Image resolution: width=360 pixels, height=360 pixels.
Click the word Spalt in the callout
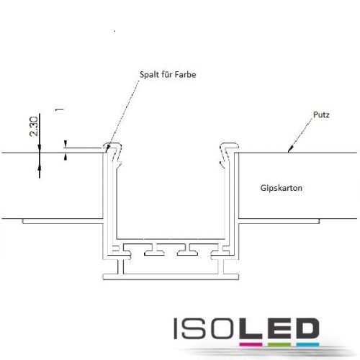[149, 75]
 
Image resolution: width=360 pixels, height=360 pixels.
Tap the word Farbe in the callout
[185, 74]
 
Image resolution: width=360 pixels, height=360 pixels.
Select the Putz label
[321, 114]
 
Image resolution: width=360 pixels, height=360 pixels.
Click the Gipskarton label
[281, 188]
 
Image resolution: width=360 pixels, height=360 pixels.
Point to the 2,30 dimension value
[34, 127]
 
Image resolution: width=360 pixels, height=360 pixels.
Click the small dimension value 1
[59, 109]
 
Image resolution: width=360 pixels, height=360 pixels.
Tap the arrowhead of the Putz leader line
[290, 149]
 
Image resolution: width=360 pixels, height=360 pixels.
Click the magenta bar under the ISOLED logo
[251, 344]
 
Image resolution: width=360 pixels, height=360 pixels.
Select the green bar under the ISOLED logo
[279, 344]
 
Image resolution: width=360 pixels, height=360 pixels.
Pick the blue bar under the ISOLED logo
[307, 344]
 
